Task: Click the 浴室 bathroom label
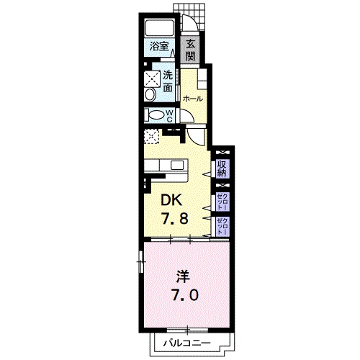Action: (x=159, y=46)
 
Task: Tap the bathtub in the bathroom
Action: (x=159, y=27)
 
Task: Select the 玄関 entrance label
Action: (x=190, y=50)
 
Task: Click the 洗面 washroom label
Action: (x=168, y=81)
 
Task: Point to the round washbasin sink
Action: (x=150, y=94)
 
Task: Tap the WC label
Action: (x=169, y=116)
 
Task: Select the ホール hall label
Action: (x=192, y=99)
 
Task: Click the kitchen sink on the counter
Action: (x=177, y=166)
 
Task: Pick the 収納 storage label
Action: (x=222, y=168)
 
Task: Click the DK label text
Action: (x=171, y=200)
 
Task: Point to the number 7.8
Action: (x=174, y=219)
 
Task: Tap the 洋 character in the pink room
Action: (x=183, y=276)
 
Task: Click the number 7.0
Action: (x=184, y=295)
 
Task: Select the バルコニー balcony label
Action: (x=186, y=343)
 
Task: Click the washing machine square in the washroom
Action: (x=152, y=78)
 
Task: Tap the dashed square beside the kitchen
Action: (x=151, y=136)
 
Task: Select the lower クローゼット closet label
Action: (x=222, y=226)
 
